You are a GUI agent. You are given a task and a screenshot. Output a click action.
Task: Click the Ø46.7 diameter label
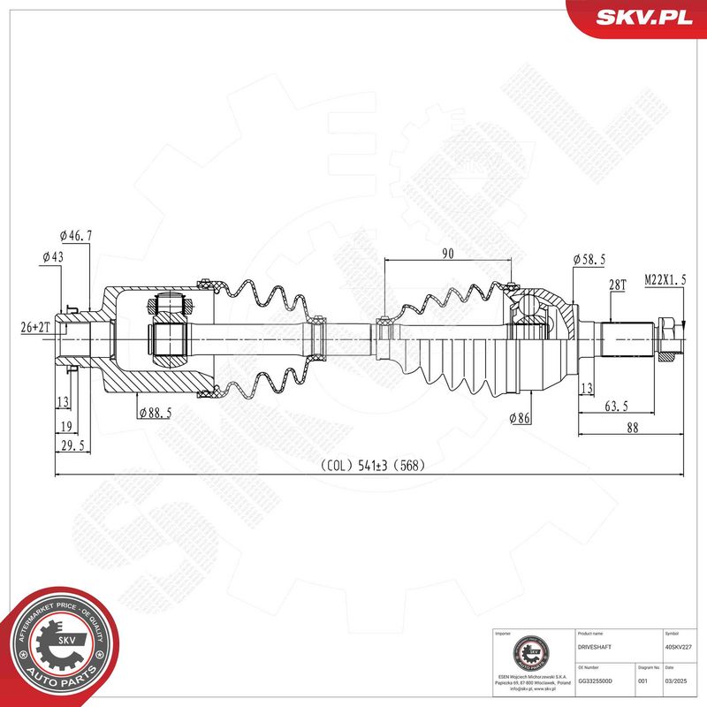click(77, 236)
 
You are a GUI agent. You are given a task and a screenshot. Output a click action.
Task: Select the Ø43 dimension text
click(54, 257)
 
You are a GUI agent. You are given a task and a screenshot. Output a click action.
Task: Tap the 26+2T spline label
click(36, 327)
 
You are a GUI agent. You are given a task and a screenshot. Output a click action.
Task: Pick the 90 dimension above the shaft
click(448, 254)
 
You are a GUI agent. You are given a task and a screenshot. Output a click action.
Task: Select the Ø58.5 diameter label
click(589, 259)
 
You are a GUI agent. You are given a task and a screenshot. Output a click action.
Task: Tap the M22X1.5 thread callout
click(665, 278)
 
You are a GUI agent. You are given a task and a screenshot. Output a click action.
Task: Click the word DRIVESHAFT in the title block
click(592, 647)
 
